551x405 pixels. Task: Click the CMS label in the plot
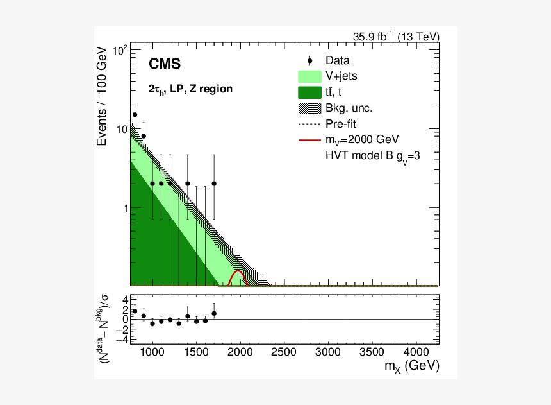(165, 64)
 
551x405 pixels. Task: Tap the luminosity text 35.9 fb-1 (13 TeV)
(396, 37)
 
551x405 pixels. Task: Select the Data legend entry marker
(309, 61)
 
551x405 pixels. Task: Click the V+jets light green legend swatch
(309, 76)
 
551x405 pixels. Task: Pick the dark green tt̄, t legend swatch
(309, 92)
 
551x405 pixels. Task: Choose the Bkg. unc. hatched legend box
(309, 108)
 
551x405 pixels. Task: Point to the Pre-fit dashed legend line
(309, 123)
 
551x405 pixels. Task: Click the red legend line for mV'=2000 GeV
(309, 139)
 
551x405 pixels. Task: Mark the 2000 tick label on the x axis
(239, 352)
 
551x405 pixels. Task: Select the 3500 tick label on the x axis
(372, 352)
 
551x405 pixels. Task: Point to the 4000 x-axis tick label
(416, 352)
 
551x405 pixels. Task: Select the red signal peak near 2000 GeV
(238, 272)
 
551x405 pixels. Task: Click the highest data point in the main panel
(135, 115)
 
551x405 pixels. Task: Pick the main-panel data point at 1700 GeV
(214, 184)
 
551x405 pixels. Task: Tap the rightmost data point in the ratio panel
(214, 313)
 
